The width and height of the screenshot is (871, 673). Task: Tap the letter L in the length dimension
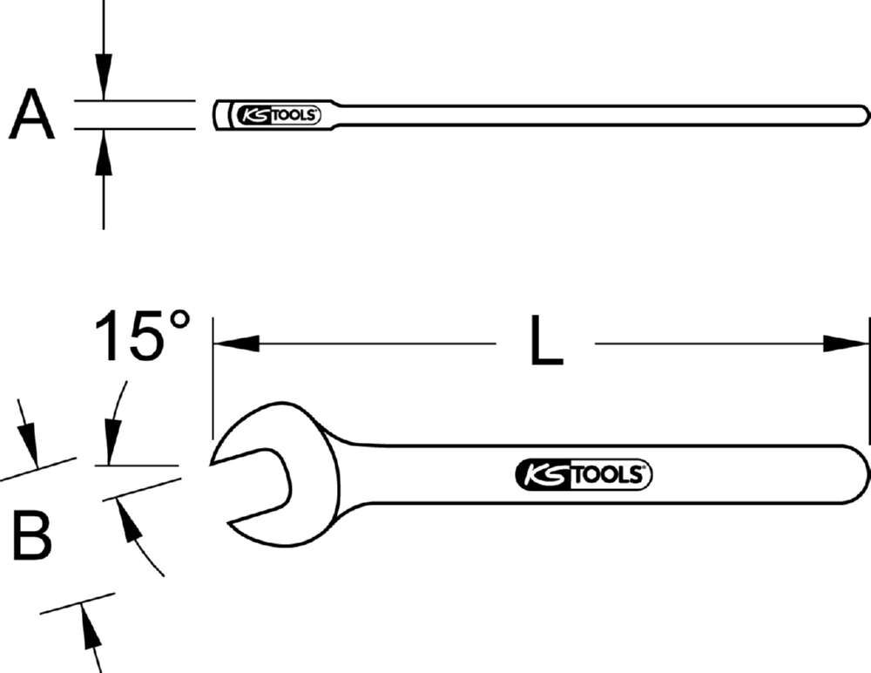point(546,343)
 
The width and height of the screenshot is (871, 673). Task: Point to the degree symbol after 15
point(178,320)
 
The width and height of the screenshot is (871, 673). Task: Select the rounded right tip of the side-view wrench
point(864,115)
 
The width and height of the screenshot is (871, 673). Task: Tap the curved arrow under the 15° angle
point(139,540)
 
